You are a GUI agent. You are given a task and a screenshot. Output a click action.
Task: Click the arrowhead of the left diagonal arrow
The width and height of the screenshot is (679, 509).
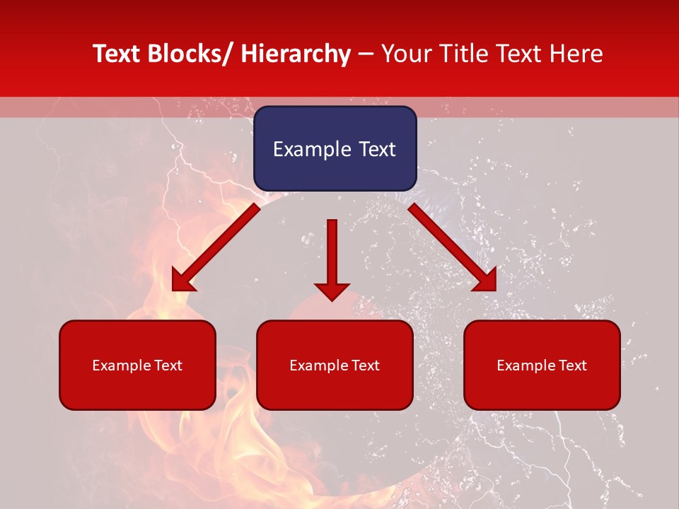182,281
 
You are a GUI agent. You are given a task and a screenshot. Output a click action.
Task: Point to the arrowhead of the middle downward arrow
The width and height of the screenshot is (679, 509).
332,291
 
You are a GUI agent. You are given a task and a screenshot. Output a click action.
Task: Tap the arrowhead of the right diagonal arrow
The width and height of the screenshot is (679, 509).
487,281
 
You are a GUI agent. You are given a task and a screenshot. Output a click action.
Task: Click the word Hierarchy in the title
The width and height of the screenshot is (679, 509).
296,54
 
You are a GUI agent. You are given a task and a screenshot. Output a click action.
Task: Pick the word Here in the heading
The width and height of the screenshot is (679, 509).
576,54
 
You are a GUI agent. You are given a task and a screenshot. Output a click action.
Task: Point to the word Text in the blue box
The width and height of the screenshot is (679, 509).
376,149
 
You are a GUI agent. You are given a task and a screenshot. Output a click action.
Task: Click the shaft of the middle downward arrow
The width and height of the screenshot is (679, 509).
332,247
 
